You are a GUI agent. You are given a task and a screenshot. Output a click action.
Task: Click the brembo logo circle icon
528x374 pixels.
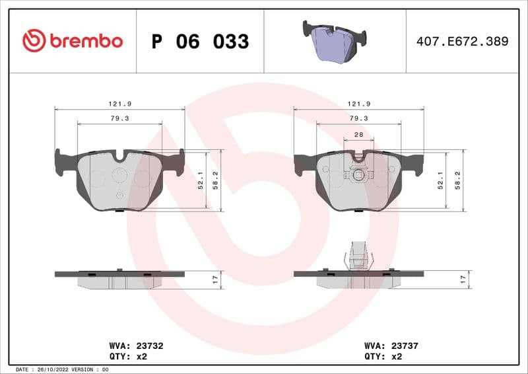[34, 41]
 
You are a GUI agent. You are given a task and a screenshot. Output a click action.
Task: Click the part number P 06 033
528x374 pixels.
[200, 42]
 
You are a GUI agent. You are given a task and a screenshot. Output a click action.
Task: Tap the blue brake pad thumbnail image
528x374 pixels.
[335, 42]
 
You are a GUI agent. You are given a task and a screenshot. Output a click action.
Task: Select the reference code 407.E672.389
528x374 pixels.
[462, 42]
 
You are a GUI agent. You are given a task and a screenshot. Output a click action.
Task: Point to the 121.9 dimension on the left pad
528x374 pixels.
[119, 104]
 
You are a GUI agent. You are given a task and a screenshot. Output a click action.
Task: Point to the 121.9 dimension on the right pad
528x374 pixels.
[358, 104]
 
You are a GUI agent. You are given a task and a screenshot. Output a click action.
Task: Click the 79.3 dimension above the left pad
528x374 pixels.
[119, 118]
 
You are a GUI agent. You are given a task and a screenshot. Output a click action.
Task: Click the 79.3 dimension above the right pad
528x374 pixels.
[358, 118]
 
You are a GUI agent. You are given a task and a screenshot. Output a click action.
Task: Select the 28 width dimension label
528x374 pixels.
[358, 134]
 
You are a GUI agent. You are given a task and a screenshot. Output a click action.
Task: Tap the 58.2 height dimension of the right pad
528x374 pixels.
[457, 180]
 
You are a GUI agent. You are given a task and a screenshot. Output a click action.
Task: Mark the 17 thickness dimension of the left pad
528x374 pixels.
[214, 280]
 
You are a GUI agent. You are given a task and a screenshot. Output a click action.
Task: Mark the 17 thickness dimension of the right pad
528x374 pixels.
[463, 280]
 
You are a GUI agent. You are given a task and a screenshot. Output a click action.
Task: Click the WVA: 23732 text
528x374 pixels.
[136, 346]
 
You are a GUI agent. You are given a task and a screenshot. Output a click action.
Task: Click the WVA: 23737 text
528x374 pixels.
[391, 346]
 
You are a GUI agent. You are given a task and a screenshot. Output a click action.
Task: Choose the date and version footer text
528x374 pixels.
[61, 369]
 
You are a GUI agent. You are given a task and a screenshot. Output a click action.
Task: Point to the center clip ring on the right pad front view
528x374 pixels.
[358, 175]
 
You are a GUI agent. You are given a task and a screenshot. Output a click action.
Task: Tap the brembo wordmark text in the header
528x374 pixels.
[86, 42]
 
